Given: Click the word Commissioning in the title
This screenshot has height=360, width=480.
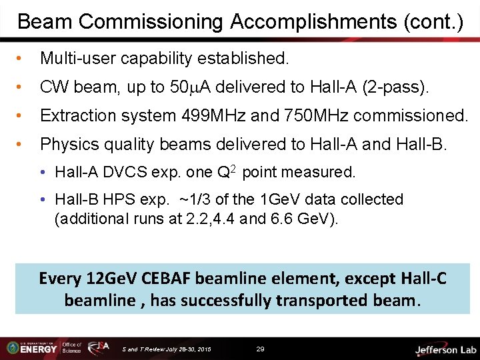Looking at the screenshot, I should (x=150, y=22).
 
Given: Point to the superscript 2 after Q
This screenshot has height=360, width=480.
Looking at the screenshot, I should (x=234, y=169).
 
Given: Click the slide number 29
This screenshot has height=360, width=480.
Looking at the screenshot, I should (x=261, y=349).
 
